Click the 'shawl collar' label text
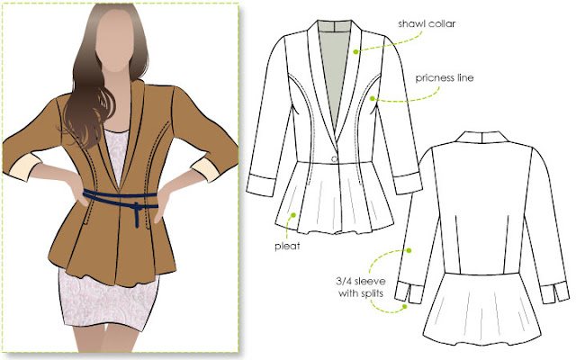click(x=427, y=24)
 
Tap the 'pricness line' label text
click(x=445, y=78)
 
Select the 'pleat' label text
click(x=287, y=246)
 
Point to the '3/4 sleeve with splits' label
click(x=361, y=287)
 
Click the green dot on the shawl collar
click(x=355, y=52)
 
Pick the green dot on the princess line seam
click(x=372, y=98)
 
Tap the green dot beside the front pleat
click(x=293, y=214)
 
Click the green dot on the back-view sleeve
click(x=409, y=250)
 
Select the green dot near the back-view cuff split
click(x=405, y=306)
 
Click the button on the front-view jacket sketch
click(x=334, y=158)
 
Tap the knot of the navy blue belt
click(x=137, y=208)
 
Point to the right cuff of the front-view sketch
click(x=407, y=183)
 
